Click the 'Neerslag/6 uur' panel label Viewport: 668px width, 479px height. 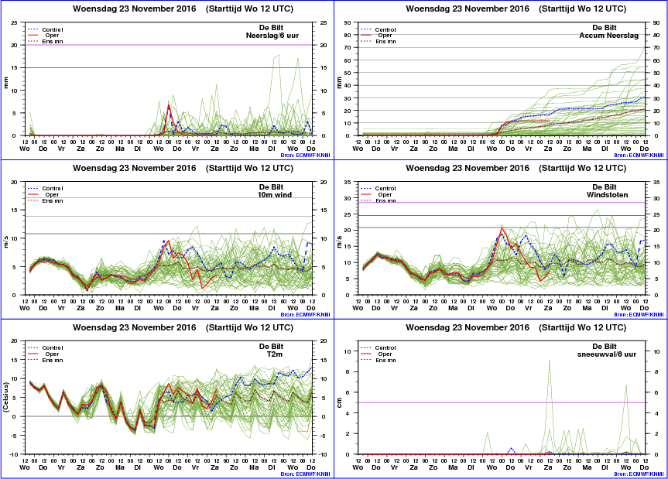(x=272, y=36)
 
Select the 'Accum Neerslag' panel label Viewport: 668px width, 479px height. (x=608, y=36)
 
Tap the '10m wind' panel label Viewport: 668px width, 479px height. (x=274, y=194)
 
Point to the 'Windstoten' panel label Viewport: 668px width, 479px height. (x=607, y=194)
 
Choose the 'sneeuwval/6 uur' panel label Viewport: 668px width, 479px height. (x=607, y=354)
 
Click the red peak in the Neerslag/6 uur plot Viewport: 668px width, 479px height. (x=169, y=104)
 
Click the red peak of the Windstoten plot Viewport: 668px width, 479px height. (x=502, y=228)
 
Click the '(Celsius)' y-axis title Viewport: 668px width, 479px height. (x=5, y=397)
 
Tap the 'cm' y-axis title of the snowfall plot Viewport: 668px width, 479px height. (x=339, y=402)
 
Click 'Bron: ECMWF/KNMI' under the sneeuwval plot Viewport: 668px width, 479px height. (x=639, y=474)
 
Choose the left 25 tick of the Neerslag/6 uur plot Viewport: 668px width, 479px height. (x=14, y=23)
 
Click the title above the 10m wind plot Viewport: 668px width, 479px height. (x=183, y=168)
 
